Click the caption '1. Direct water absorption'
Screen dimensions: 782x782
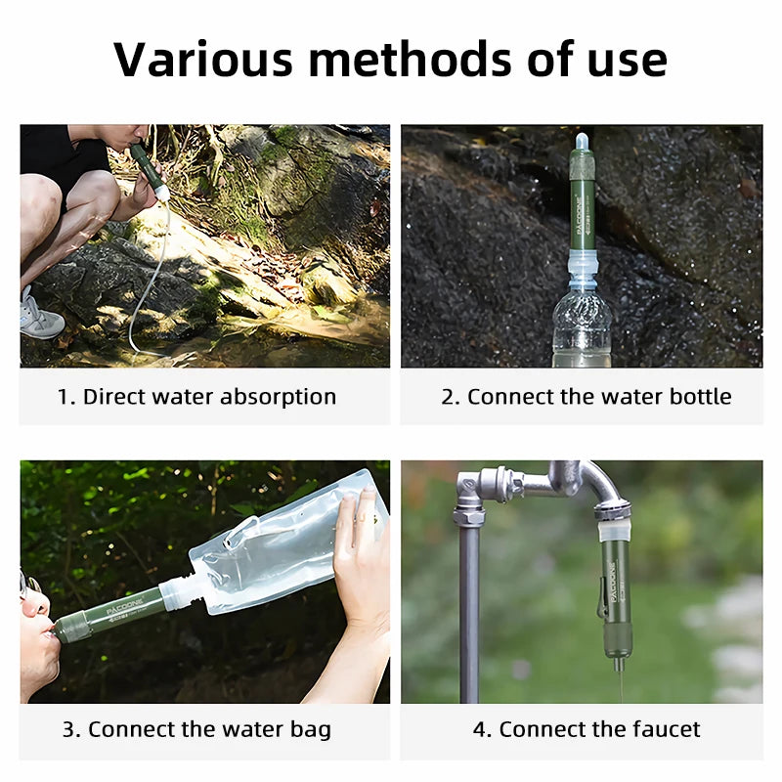pyautogui.click(x=196, y=397)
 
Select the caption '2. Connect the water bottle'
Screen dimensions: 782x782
pyautogui.click(x=586, y=397)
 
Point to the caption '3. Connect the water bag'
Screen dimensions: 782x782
pyautogui.click(x=196, y=729)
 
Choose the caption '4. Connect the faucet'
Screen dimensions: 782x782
pyautogui.click(x=586, y=729)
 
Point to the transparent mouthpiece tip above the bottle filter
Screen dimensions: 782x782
pyautogui.click(x=582, y=143)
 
